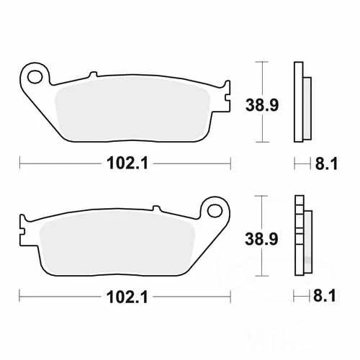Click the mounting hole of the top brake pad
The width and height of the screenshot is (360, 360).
[x=34, y=74]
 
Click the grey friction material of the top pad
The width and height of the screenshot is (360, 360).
[x=137, y=108]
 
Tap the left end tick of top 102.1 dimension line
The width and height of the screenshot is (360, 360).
[x=19, y=163]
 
